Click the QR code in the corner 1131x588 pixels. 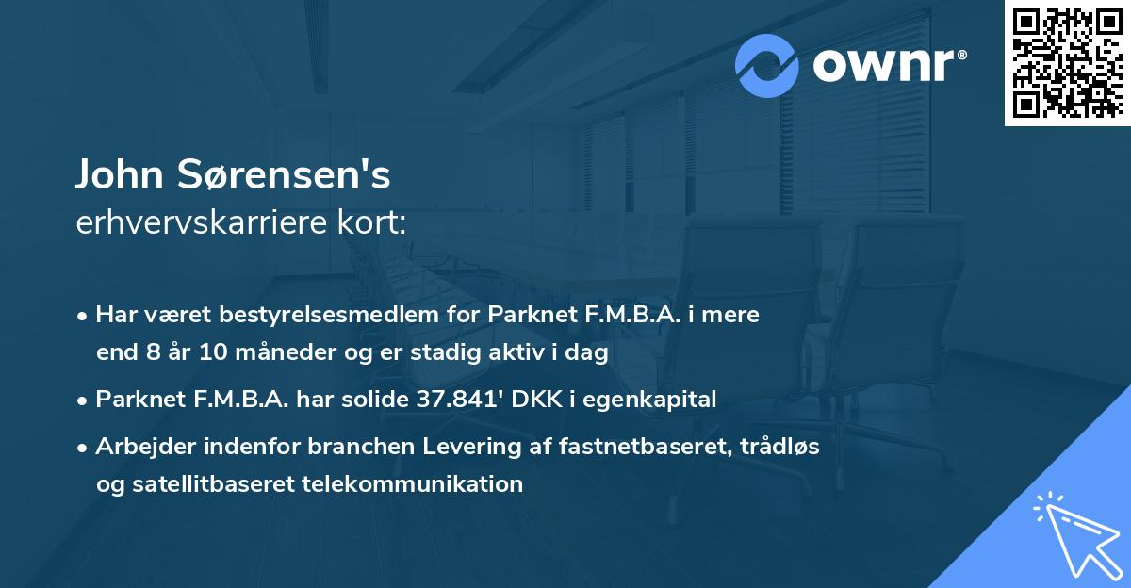[1067, 63]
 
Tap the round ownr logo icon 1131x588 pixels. [767, 66]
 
